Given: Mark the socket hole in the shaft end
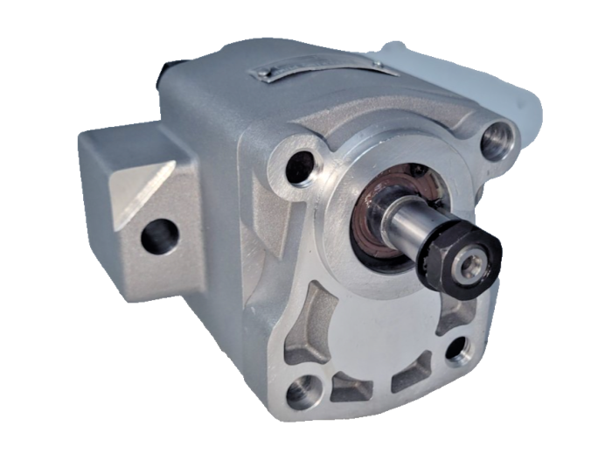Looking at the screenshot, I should (472, 267).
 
